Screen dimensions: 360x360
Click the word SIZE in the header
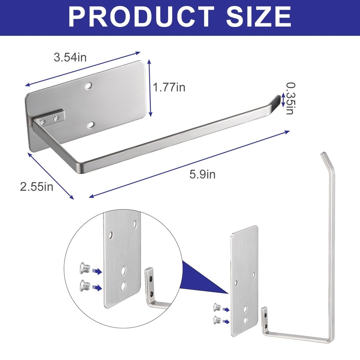click(258, 17)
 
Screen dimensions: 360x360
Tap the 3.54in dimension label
click(70, 57)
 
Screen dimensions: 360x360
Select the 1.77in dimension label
click(169, 87)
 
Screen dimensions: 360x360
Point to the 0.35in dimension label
click(291, 98)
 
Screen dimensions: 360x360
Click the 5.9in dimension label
click(202, 174)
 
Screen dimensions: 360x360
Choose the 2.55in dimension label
click(37, 186)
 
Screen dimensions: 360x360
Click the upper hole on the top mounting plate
click(88, 86)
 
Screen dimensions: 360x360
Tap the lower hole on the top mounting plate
click(91, 125)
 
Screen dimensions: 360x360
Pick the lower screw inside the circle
click(84, 285)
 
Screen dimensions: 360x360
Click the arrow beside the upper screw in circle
click(97, 271)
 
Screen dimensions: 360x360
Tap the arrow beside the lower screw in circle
click(97, 288)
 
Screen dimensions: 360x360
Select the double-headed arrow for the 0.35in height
click(283, 100)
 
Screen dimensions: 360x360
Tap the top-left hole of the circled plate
click(111, 235)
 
